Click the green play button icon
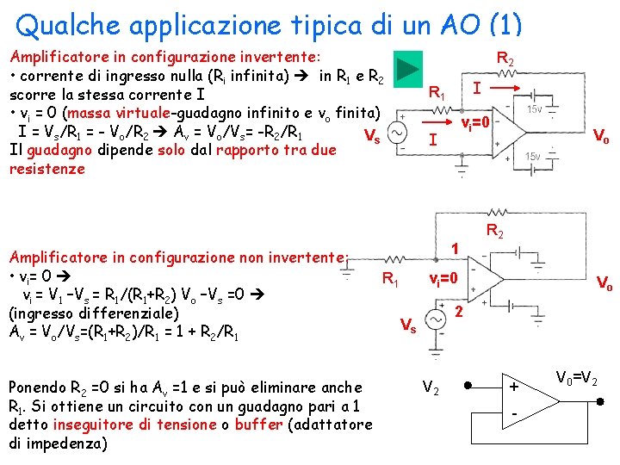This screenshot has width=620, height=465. [x=409, y=66]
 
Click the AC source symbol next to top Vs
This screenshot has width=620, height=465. [x=397, y=134]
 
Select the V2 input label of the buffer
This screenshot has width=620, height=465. [x=431, y=388]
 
